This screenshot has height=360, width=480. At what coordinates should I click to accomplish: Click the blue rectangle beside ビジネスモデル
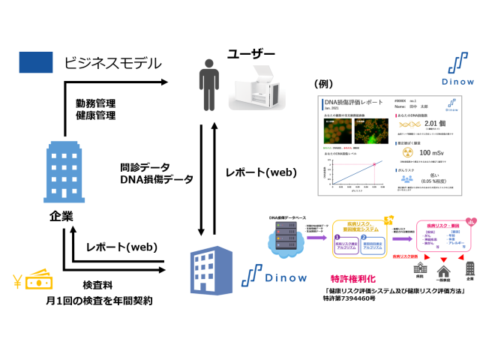click(35, 61)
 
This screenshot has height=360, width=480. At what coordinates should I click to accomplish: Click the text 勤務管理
click(95, 103)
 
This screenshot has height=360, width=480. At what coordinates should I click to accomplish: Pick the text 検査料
click(97, 286)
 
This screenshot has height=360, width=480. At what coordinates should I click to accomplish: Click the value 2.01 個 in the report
click(420, 124)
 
